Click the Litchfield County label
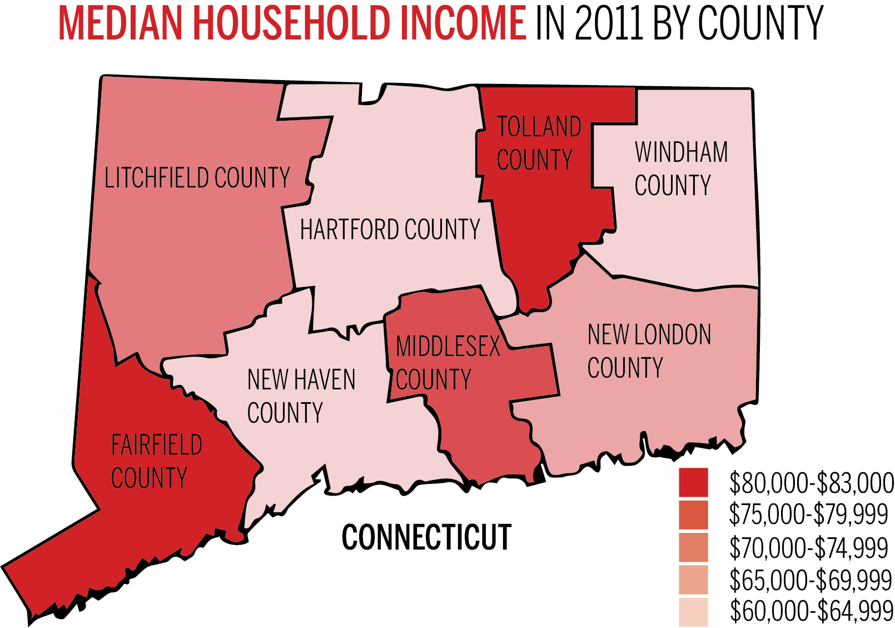pos(197,178)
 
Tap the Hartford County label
pos(390,229)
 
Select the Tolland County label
pos(538,143)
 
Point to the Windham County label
pos(681,169)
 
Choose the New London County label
pos(649,351)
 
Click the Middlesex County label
pos(447,363)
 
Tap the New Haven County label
pos(301,396)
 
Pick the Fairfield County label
pos(156,461)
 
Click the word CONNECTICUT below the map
pos(426,537)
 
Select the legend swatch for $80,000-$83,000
pos(693,482)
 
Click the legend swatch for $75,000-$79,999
pos(693,515)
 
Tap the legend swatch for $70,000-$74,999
pos(693,547)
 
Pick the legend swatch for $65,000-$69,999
pos(693,580)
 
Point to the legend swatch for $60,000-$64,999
pos(693,612)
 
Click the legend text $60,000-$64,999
pos(812,611)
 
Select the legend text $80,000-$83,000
pos(812,483)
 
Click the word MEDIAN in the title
pos(120,23)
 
